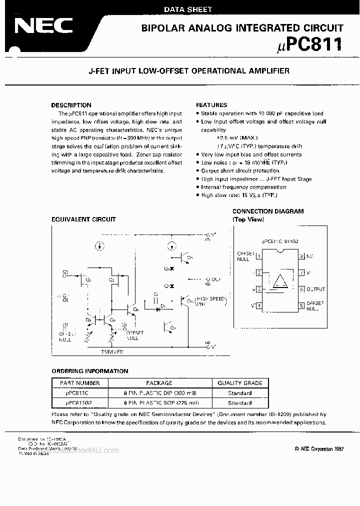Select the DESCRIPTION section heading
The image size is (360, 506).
pos(71,105)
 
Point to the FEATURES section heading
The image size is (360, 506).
pos(211,105)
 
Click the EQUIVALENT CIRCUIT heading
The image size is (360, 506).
pos(83,219)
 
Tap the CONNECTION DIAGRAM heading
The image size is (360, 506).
pos(267,211)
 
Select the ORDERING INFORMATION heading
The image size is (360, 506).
pos(90,371)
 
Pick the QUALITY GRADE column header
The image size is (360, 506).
pos(239,383)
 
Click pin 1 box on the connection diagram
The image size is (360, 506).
pos(258,256)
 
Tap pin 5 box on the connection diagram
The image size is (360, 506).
pos(301,305)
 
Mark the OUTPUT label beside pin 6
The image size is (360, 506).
pos(315,289)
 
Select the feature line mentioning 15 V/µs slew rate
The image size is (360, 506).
pos(238,195)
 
